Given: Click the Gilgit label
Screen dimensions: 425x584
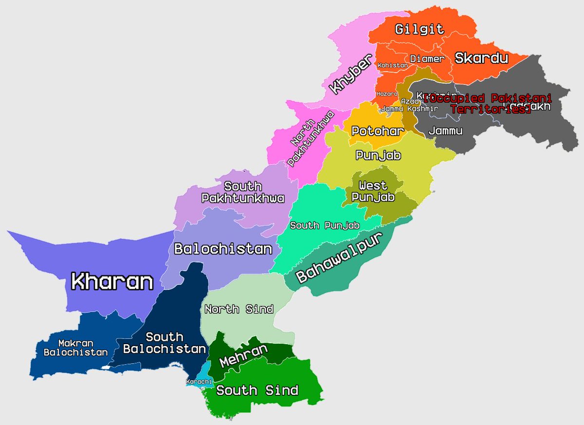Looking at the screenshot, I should click(419, 29).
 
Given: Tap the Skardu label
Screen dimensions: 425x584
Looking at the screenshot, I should click(481, 58).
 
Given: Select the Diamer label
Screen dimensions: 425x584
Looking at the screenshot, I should click(427, 59).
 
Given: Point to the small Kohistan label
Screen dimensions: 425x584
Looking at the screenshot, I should click(392, 65).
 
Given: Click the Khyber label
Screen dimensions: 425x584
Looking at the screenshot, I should click(350, 74).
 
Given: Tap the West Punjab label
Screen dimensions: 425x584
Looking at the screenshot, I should click(373, 191).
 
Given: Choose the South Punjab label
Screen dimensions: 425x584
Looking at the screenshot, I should click(325, 225).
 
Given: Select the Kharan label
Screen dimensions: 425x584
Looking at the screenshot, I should click(112, 281).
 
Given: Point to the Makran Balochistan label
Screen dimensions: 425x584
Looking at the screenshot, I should click(75, 348).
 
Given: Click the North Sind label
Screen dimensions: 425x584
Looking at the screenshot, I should click(239, 309).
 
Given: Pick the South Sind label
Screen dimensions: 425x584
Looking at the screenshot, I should click(257, 390).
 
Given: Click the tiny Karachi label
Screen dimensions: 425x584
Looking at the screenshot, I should click(199, 381).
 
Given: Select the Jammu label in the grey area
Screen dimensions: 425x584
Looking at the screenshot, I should click(445, 131).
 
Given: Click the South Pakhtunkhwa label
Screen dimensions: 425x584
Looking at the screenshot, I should click(243, 192).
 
